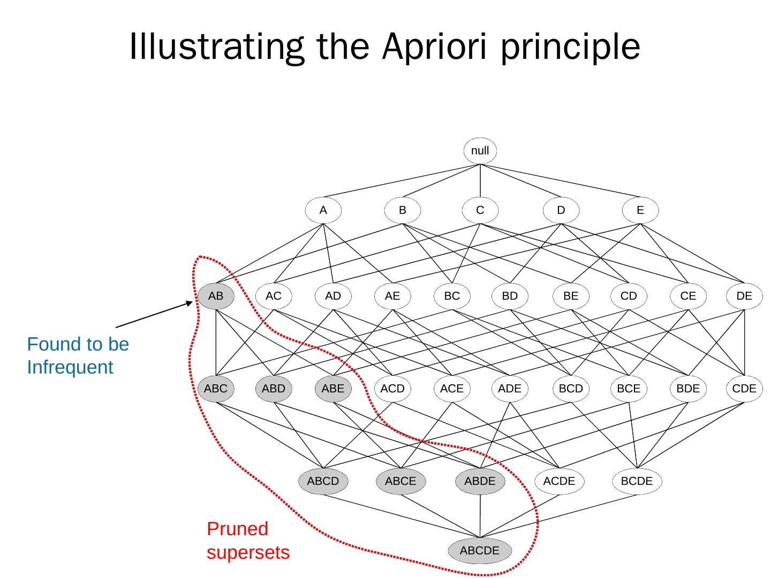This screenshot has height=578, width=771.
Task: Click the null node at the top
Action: [x=480, y=151]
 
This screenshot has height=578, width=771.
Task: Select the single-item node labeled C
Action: [x=480, y=210]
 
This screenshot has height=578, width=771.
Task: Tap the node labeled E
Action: [x=640, y=210]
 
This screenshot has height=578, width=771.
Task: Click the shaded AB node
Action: [x=216, y=296]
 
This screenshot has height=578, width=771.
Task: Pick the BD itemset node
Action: [x=510, y=296]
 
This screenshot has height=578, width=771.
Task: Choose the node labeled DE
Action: [x=744, y=296]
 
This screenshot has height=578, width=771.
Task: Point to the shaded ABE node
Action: [x=333, y=389]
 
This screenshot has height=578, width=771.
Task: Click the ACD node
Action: [x=392, y=389]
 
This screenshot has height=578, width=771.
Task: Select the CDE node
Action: [x=744, y=389]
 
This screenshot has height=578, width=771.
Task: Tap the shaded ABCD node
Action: [x=323, y=481]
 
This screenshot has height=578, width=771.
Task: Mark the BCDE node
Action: [x=637, y=481]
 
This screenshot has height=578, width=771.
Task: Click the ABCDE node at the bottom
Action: [x=480, y=551]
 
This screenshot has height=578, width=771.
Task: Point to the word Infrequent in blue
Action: [x=70, y=368]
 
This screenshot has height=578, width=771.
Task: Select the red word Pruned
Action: [x=237, y=529]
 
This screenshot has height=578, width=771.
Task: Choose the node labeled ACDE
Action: [x=559, y=481]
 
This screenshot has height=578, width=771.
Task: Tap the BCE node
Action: [x=629, y=389]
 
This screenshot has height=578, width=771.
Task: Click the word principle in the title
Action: [x=570, y=47]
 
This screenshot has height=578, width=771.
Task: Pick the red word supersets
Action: [x=248, y=552]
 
